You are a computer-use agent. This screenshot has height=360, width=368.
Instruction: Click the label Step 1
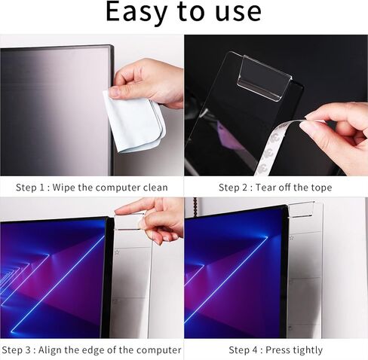coord(34,187)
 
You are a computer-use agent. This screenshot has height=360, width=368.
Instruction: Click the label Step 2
coord(234,187)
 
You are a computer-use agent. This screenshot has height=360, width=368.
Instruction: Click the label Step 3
coord(18,349)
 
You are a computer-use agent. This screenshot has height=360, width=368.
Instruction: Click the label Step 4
coord(244,349)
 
